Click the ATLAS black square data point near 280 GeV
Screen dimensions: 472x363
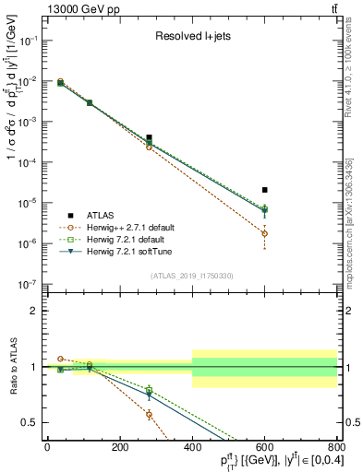(x=149, y=137)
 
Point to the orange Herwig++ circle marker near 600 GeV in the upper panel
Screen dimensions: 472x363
(x=265, y=233)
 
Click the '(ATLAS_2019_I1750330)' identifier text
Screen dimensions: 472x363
(x=190, y=273)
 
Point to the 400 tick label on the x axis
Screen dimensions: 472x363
(x=192, y=447)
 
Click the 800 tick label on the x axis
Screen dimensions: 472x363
(x=336, y=447)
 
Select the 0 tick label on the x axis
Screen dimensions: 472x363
(x=47, y=447)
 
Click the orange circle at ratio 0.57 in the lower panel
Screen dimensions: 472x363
(x=149, y=415)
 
